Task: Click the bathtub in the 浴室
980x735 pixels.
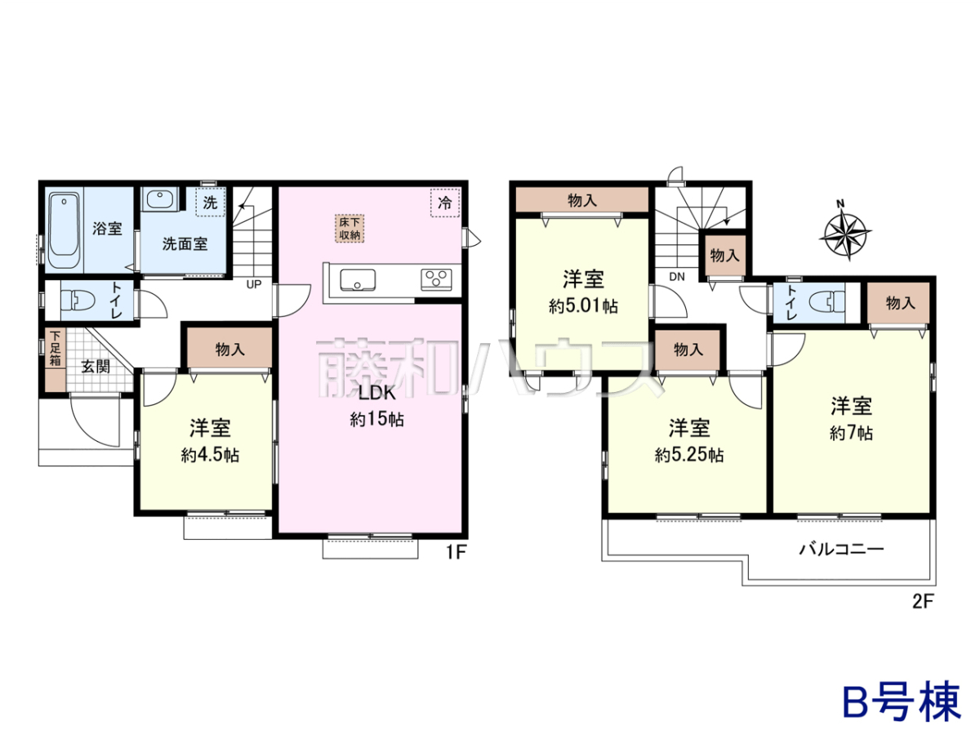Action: pyautogui.click(x=65, y=229)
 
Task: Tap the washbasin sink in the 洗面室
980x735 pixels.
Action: pyautogui.click(x=160, y=199)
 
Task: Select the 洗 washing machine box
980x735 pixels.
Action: pyautogui.click(x=211, y=203)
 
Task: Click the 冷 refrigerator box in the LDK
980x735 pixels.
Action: pyautogui.click(x=445, y=203)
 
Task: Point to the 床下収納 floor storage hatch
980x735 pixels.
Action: pyautogui.click(x=350, y=229)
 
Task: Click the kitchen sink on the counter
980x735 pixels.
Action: pyautogui.click(x=358, y=280)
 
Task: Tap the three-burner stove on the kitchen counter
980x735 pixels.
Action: pyautogui.click(x=436, y=280)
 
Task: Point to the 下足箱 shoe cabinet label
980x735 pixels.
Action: pyautogui.click(x=55, y=348)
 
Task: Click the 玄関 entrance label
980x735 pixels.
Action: pyautogui.click(x=96, y=367)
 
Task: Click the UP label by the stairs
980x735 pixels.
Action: pyautogui.click(x=254, y=284)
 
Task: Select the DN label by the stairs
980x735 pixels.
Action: pyautogui.click(x=677, y=277)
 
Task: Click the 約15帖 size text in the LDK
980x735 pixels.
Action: pyautogui.click(x=376, y=420)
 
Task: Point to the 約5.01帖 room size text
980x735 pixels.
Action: pyautogui.click(x=583, y=306)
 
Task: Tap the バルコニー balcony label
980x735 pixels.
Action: pyautogui.click(x=841, y=549)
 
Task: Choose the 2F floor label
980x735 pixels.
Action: pyautogui.click(x=923, y=602)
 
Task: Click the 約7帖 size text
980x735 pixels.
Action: pyautogui.click(x=852, y=433)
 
